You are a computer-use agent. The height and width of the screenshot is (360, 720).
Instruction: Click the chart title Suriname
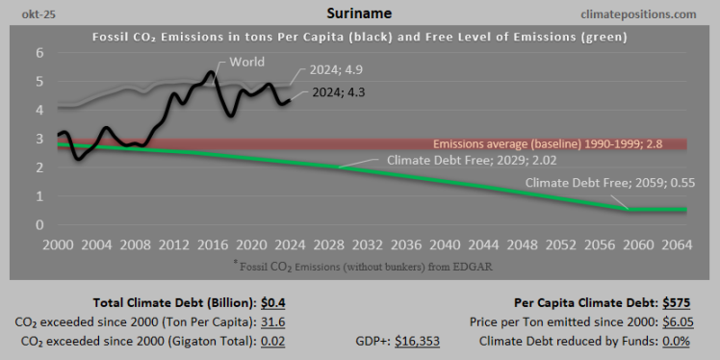[360, 13]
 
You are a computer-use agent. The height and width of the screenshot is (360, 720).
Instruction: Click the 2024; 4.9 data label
[337, 70]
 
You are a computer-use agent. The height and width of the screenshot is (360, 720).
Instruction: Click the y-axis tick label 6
[40, 53]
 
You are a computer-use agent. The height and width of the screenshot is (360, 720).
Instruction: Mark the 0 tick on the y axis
[40, 225]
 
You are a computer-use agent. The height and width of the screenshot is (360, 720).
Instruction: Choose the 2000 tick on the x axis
[57, 245]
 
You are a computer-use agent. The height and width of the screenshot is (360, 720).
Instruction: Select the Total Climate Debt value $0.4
[272, 303]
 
